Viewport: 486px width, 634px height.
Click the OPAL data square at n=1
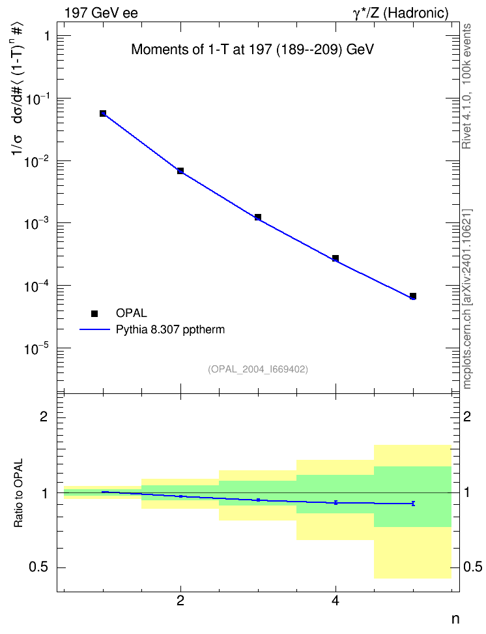coord(103,113)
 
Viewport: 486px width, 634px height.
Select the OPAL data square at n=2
coord(180,171)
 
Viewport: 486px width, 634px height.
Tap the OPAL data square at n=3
coord(258,218)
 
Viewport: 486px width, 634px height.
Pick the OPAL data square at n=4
coord(336,258)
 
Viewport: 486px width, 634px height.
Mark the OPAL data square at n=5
coord(413,296)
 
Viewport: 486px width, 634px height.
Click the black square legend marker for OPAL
coord(94,313)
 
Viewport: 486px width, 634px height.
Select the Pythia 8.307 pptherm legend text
coord(170,330)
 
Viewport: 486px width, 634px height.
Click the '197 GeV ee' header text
coord(101,13)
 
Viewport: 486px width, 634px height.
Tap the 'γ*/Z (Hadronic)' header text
coord(401,13)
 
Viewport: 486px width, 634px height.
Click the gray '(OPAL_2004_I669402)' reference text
coord(258,369)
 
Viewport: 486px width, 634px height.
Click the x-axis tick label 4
coord(336,601)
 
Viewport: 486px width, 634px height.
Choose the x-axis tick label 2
coord(180,601)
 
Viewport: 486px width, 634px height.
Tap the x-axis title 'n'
coord(455,619)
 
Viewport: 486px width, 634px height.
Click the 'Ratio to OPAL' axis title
coord(18,493)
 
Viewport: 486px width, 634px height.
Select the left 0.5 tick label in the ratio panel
coord(39,567)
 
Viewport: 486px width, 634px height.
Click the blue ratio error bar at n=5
coord(413,504)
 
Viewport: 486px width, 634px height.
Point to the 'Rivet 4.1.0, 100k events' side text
coord(466,86)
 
